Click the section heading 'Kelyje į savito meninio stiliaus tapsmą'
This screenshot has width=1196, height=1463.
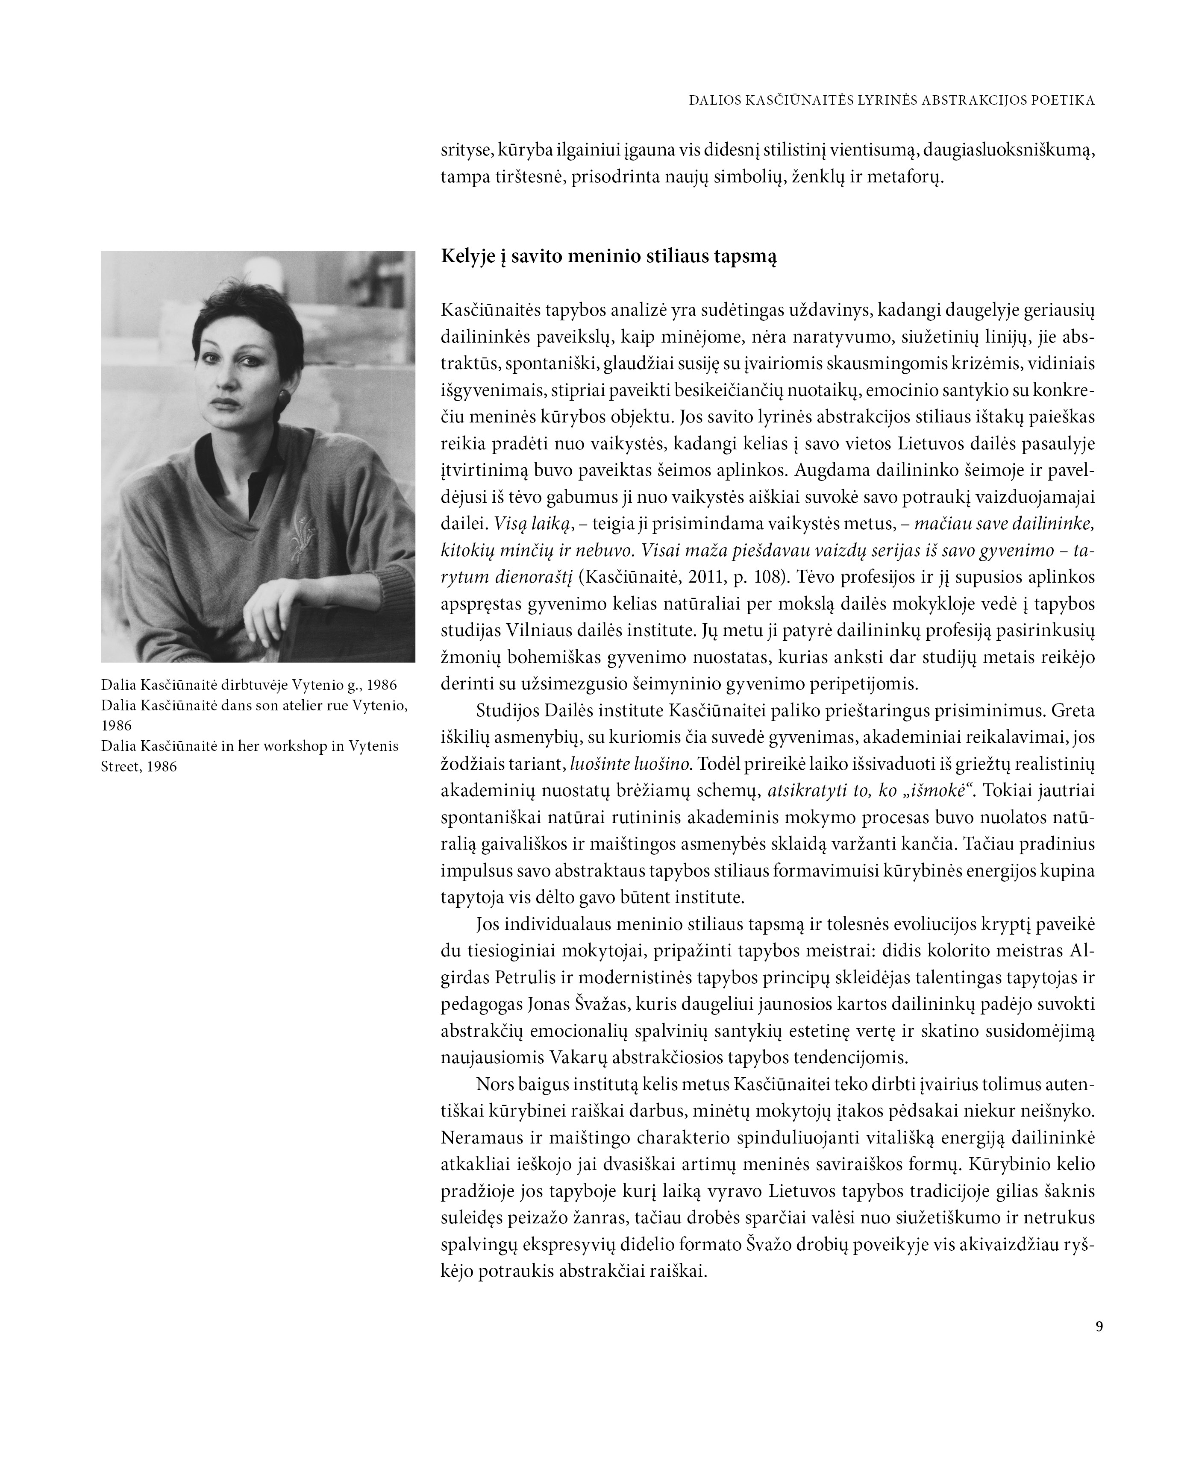(x=608, y=257)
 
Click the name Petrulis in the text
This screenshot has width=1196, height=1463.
(x=523, y=978)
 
